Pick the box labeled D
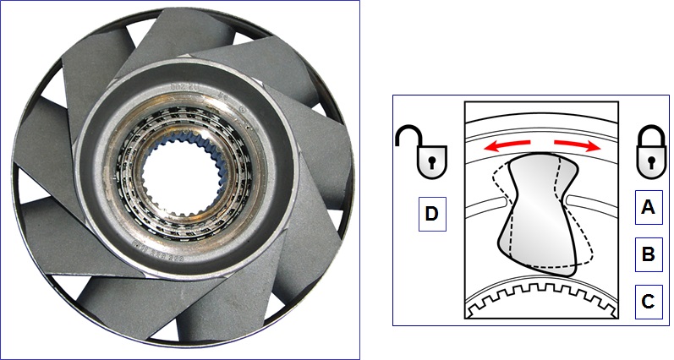click(431, 215)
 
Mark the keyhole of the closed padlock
click(649, 161)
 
